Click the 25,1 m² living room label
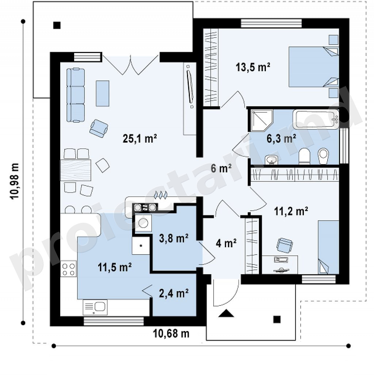(140, 139)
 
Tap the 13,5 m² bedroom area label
(253, 67)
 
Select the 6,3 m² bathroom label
(281, 139)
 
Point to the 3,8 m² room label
(174, 238)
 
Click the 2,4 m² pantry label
(174, 293)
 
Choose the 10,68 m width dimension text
(171, 334)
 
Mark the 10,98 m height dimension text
(14, 181)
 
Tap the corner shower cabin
(262, 121)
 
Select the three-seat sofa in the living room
(76, 95)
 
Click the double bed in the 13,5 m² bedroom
(313, 67)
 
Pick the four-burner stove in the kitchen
(68, 269)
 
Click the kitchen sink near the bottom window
(95, 307)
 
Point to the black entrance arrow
(226, 313)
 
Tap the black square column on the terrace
(57, 25)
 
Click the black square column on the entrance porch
(277, 319)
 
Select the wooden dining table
(76, 170)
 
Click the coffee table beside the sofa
(103, 93)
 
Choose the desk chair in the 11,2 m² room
(285, 245)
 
